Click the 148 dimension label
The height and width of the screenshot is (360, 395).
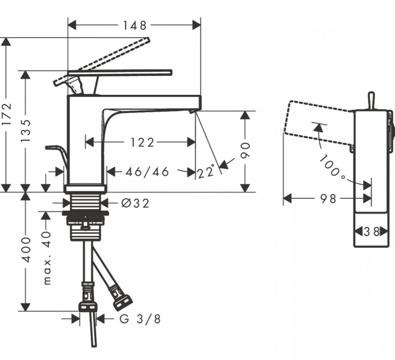click(x=134, y=26)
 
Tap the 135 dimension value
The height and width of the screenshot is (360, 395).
click(x=26, y=130)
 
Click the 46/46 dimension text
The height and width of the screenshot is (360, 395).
click(x=147, y=172)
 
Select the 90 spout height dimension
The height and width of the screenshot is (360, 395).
click(x=246, y=151)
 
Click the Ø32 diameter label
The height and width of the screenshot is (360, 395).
click(x=135, y=203)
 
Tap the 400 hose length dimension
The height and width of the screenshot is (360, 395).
click(x=26, y=249)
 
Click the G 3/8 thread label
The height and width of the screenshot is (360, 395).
click(x=140, y=319)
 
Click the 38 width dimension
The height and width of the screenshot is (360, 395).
click(x=370, y=231)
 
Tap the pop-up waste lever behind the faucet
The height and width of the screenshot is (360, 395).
click(x=55, y=150)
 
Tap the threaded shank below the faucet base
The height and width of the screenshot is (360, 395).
click(x=85, y=201)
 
